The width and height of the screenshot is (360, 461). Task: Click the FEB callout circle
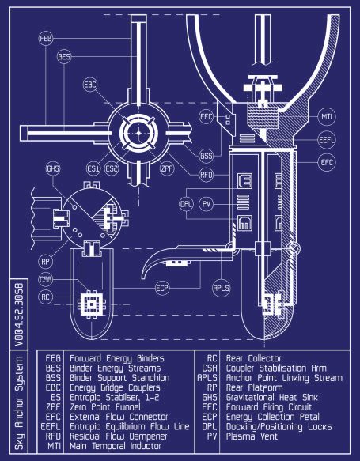(x=46, y=39)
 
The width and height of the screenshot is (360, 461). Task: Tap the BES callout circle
(x=64, y=56)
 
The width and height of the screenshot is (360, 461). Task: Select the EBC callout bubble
(x=90, y=85)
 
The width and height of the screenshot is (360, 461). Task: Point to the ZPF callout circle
(x=167, y=168)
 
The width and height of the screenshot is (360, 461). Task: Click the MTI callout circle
(x=327, y=117)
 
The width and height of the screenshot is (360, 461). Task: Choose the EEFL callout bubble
(x=327, y=140)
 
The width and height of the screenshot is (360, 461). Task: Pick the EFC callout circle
(x=327, y=162)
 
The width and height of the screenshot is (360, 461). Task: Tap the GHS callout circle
(x=53, y=168)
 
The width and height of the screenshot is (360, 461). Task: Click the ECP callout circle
(x=162, y=288)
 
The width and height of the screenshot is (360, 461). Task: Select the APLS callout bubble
(x=222, y=288)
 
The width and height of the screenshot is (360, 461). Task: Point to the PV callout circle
(x=207, y=204)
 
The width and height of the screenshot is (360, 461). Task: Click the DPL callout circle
(x=186, y=204)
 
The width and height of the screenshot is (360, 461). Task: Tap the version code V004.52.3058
(x=20, y=313)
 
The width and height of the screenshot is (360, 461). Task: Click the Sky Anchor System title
(x=20, y=403)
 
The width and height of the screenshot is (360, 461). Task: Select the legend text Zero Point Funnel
(x=105, y=407)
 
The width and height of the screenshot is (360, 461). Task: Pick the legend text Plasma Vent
(x=252, y=436)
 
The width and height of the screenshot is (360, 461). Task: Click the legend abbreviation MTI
(x=54, y=446)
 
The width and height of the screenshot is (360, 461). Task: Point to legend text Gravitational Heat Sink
(x=272, y=398)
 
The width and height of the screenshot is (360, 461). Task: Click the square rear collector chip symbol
(x=92, y=304)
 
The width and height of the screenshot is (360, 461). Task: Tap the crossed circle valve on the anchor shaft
(x=293, y=249)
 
